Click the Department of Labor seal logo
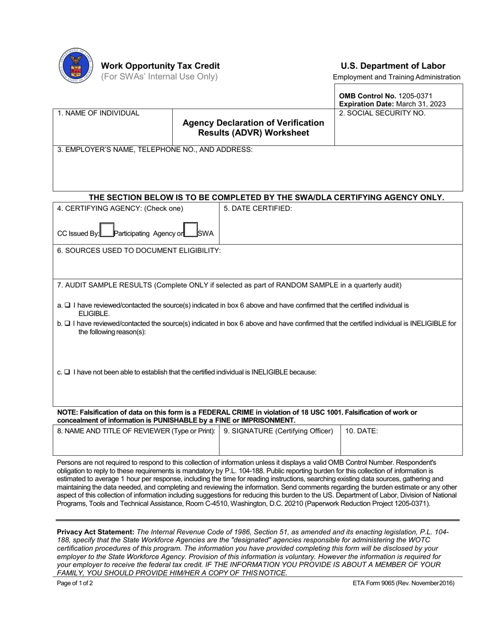75,66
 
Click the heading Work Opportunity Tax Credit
160,66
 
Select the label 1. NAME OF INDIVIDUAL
98,113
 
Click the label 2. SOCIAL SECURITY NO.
382,113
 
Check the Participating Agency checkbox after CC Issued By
107,230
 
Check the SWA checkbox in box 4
190,230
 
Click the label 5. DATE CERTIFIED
258,208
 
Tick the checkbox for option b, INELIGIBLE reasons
68,324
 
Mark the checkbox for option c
68,372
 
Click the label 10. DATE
362,431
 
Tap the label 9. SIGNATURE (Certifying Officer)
278,431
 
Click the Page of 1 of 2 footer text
75,583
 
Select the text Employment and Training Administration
396,77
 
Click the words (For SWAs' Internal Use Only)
159,77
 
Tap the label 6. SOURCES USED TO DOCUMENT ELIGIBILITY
139,251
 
